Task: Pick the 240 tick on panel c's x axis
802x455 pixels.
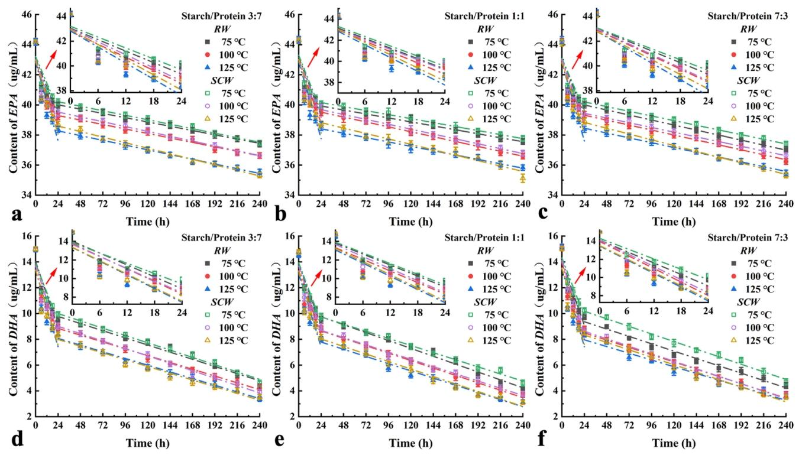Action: pyautogui.click(x=785, y=204)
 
